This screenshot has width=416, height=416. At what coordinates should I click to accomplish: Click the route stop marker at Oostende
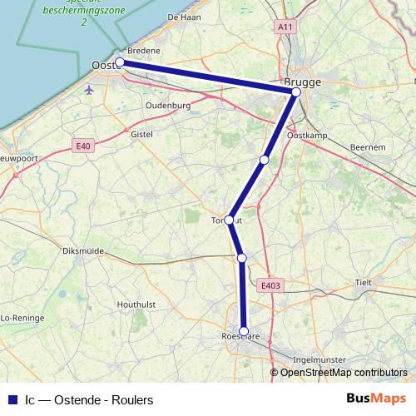point(120,62)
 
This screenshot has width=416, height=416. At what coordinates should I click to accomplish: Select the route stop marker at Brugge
point(296,92)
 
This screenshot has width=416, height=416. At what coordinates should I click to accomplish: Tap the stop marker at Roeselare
point(245,329)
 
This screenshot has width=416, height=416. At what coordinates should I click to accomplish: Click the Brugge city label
point(302,82)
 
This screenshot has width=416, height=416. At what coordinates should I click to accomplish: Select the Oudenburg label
point(168,106)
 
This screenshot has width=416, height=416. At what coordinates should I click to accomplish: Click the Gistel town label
point(142,133)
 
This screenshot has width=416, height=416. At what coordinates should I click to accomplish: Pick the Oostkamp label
point(304,135)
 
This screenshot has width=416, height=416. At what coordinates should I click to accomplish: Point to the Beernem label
point(369,146)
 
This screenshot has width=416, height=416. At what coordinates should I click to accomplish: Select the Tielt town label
point(363,283)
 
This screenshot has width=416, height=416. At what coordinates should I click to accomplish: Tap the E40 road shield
point(82,146)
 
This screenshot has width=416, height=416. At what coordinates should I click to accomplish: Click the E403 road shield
point(269,285)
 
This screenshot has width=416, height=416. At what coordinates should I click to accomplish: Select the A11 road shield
point(286,27)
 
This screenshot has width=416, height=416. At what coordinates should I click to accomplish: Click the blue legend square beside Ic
point(12,399)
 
